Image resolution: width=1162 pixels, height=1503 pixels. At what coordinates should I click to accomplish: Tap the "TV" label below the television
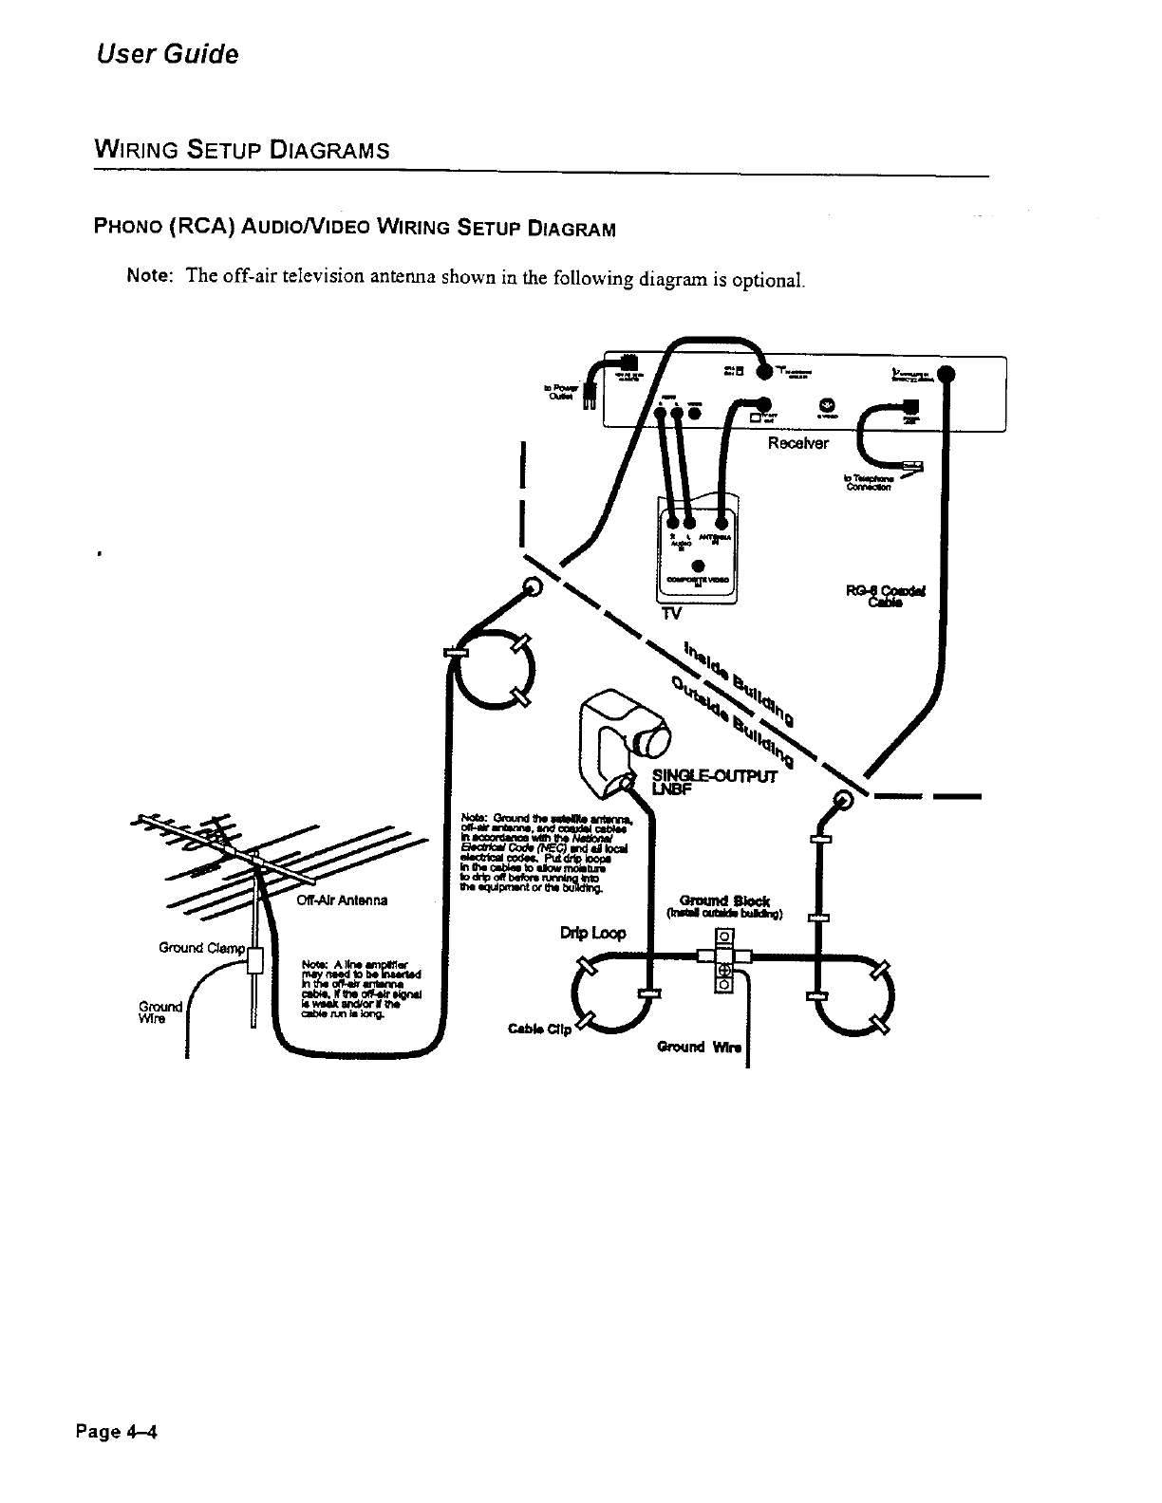[671, 614]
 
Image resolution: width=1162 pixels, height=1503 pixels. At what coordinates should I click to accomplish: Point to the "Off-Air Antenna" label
[342, 900]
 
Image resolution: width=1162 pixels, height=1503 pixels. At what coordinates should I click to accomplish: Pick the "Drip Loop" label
[593, 933]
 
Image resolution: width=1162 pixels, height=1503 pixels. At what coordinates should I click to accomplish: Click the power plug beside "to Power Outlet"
[588, 399]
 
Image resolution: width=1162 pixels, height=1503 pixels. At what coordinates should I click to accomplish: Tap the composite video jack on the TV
[698, 566]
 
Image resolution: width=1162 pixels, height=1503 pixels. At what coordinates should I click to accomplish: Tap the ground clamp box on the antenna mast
[254, 961]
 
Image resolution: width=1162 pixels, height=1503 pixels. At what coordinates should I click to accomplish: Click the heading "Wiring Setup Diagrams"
[241, 151]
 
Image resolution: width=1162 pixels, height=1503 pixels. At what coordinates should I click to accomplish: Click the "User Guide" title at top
[167, 54]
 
